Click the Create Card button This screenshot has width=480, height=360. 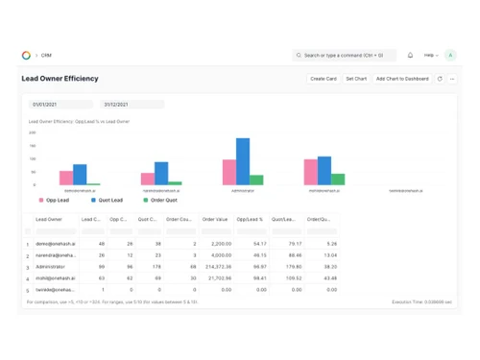click(323, 79)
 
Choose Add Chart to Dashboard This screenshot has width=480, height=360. click(402, 79)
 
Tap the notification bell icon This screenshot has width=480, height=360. click(410, 55)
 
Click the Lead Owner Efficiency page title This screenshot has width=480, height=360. click(60, 79)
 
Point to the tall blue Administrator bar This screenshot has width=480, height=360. click(242, 161)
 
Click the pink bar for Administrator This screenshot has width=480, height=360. click(229, 172)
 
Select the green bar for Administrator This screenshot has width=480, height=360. click(256, 180)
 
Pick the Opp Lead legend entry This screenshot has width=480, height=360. click(56, 201)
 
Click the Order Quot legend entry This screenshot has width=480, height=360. click(158, 201)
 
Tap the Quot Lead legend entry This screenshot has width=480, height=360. click(108, 201)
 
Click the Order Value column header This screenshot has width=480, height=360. click(215, 220)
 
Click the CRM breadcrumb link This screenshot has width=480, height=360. click(45, 55)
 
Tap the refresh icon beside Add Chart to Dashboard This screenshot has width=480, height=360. click(439, 79)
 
